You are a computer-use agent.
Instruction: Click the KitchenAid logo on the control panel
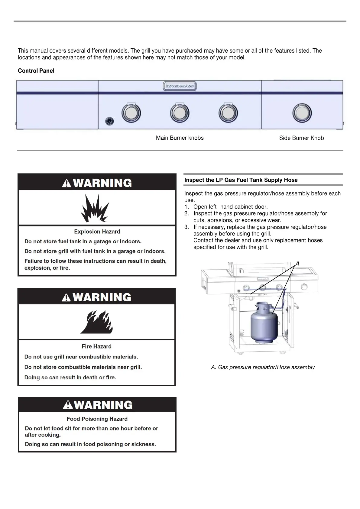coord(180,86)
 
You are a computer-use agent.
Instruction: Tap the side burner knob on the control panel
coord(302,113)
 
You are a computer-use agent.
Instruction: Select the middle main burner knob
coord(180,113)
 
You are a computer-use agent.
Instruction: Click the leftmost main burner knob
coord(131,113)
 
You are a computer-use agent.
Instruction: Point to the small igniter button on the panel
coord(110,121)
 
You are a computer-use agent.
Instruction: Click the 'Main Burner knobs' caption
coord(180,138)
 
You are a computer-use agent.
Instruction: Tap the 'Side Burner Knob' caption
coord(301,138)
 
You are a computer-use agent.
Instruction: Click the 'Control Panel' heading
coord(36,71)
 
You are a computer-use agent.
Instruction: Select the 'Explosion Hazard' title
coord(97,232)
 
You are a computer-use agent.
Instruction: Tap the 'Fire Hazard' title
coord(97,346)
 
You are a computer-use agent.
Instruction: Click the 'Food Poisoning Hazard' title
coord(97,419)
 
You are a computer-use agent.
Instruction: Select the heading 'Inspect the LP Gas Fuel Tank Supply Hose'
coord(241,180)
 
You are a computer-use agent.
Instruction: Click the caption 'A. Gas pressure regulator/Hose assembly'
coord(263,367)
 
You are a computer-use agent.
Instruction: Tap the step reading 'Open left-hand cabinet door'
coord(230,207)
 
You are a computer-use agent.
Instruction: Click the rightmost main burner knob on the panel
coord(228,113)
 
